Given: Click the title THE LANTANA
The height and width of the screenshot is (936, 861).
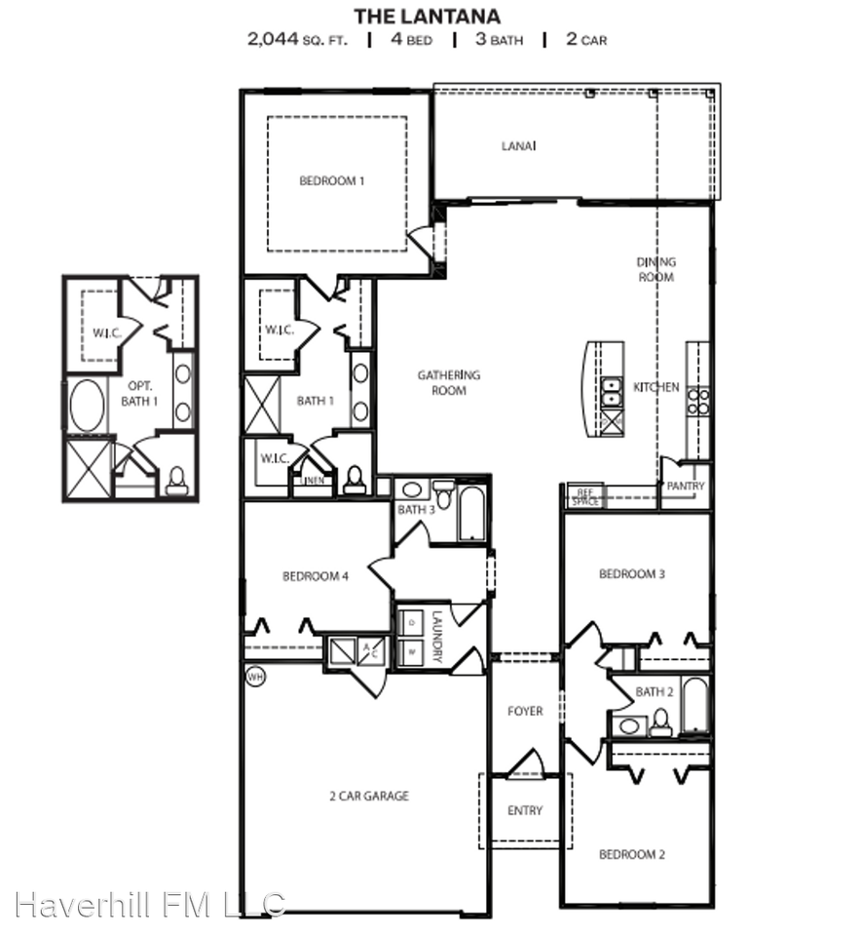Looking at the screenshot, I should pos(427,16).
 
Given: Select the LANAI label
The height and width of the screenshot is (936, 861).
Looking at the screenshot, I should pos(519,146).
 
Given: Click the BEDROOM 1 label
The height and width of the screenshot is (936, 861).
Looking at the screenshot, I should pos(332,180).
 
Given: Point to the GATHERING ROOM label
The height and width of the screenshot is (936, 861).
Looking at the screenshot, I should pos(449,382).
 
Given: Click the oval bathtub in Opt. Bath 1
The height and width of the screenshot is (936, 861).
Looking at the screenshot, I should pos(86,406).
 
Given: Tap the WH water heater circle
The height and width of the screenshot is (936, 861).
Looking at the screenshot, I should pos(254,676).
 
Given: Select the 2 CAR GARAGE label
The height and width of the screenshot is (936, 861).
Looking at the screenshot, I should pos(368,796).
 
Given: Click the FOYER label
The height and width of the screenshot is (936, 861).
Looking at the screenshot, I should pos(525,712).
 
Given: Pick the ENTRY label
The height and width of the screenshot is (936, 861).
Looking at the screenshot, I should pos(525,811).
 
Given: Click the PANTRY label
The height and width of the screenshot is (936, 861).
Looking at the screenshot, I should pos(686,486).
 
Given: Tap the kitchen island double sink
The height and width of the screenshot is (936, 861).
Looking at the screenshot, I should pos(612,392).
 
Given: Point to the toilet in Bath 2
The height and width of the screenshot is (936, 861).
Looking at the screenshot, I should pos(661,722).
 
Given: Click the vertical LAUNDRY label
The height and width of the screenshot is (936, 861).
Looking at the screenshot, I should pos(438,638).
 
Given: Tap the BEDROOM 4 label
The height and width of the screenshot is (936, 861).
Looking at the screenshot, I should pos(316,576).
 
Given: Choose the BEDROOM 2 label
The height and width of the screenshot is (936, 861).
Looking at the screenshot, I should pos(632,854).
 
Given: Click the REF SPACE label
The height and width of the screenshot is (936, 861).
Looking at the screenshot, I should pos(585,496).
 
